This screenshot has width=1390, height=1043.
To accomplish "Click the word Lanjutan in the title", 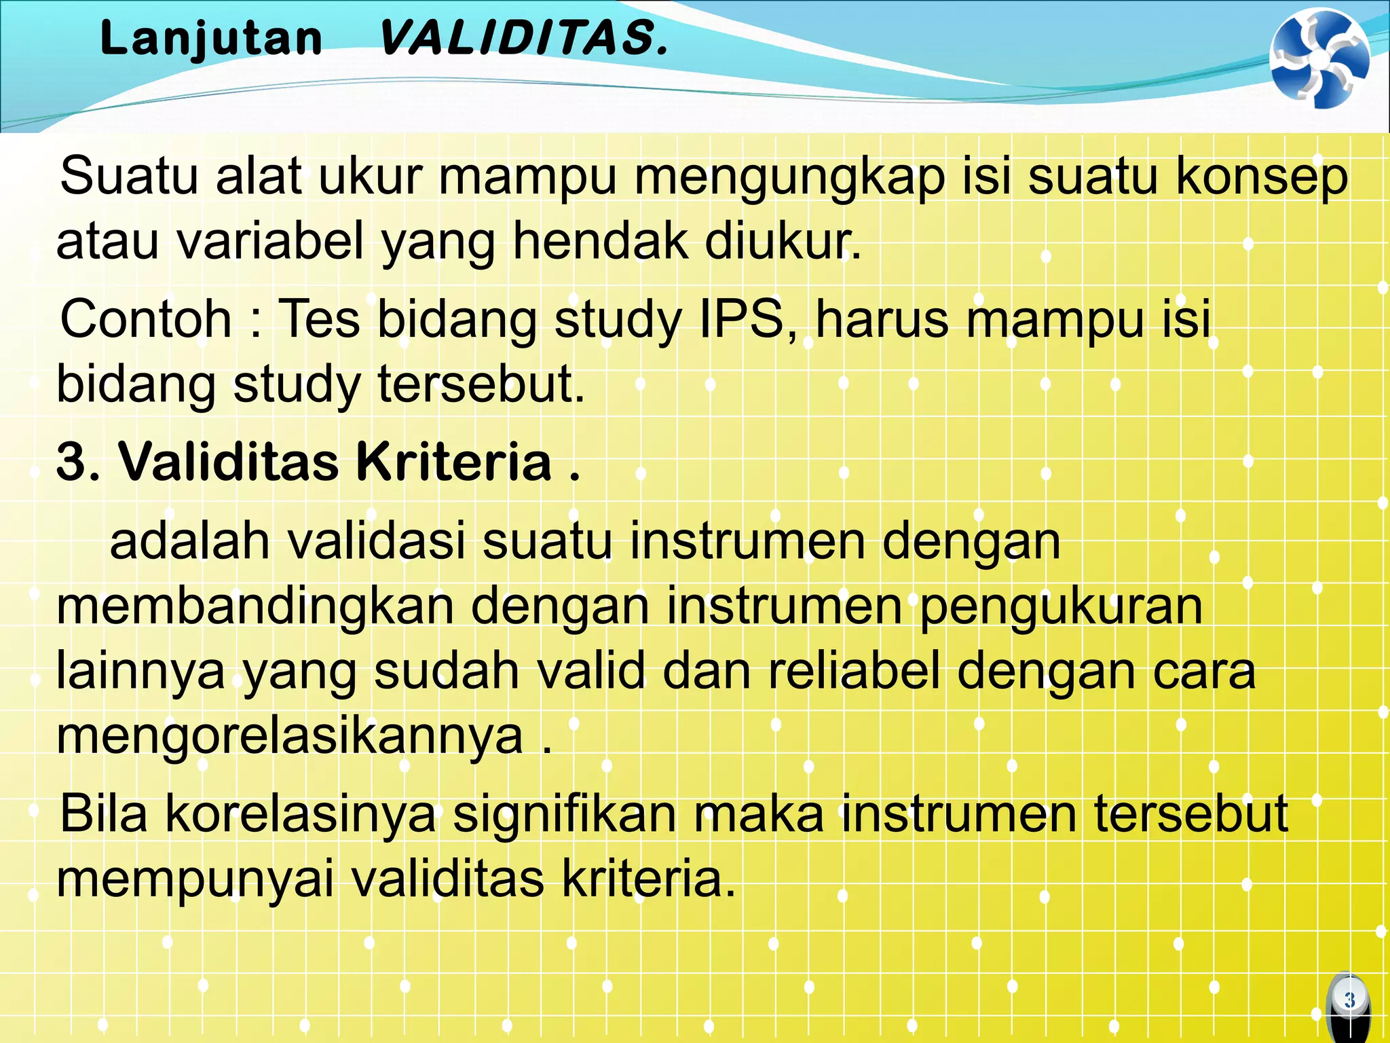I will (211, 38).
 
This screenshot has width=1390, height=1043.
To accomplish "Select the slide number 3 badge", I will (1349, 1000).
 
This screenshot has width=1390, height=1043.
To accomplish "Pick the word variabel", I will (271, 241).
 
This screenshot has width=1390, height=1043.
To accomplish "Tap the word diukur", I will (781, 241).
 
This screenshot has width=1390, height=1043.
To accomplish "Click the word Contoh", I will (146, 319).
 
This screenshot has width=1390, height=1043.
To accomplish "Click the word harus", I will (882, 319).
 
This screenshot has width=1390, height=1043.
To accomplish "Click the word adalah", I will (189, 542).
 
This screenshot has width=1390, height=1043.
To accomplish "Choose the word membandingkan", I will (255, 606).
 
